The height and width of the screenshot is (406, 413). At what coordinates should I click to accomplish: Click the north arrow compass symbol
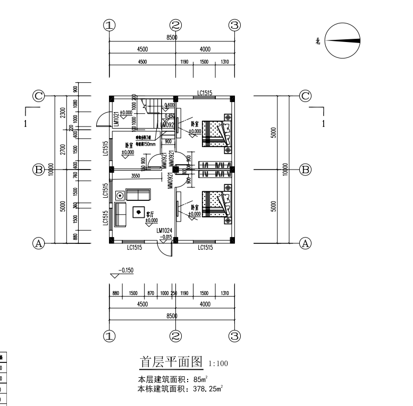342,41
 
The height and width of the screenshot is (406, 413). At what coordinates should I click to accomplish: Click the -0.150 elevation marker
125,270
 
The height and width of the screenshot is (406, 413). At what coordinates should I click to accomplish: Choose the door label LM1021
115,120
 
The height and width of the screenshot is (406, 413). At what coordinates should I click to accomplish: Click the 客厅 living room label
150,214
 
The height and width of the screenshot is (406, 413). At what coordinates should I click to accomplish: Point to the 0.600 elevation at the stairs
170,105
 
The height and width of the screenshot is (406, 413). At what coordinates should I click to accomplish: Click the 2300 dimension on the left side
63,113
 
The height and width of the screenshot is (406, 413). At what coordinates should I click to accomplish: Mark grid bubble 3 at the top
235,25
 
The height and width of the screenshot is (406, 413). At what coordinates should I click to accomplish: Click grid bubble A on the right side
305,243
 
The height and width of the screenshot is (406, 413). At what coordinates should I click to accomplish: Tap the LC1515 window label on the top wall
205,94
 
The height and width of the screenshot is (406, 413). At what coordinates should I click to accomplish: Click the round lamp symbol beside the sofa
119,194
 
